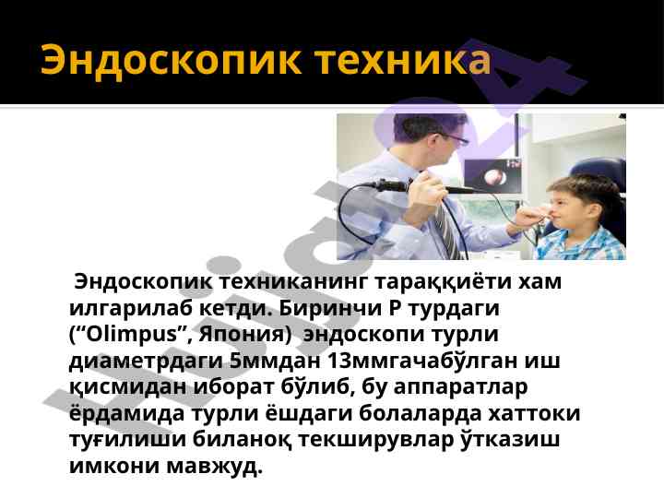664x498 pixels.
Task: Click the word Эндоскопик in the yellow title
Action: click(171, 60)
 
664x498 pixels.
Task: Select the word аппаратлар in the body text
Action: click(461, 388)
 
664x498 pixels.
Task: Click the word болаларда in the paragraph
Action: click(421, 414)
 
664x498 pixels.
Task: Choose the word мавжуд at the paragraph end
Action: click(215, 467)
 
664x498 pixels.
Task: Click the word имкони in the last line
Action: click(114, 467)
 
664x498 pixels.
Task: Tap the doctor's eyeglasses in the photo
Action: click(456, 138)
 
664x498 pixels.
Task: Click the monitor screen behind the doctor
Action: click(492, 175)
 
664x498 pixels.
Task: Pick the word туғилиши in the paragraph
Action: click(127, 441)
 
